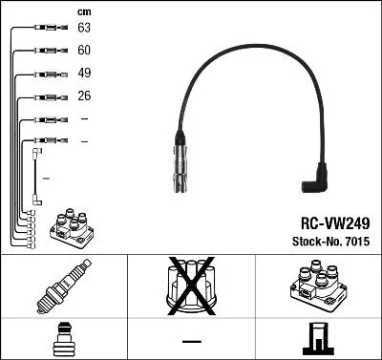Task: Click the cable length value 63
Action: [84, 29]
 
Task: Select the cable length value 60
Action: [84, 51]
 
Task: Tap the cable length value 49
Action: [84, 74]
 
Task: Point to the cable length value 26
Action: [84, 96]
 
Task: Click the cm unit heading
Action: [83, 11]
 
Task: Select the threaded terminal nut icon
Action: [62, 339]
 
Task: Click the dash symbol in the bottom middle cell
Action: [191, 341]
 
